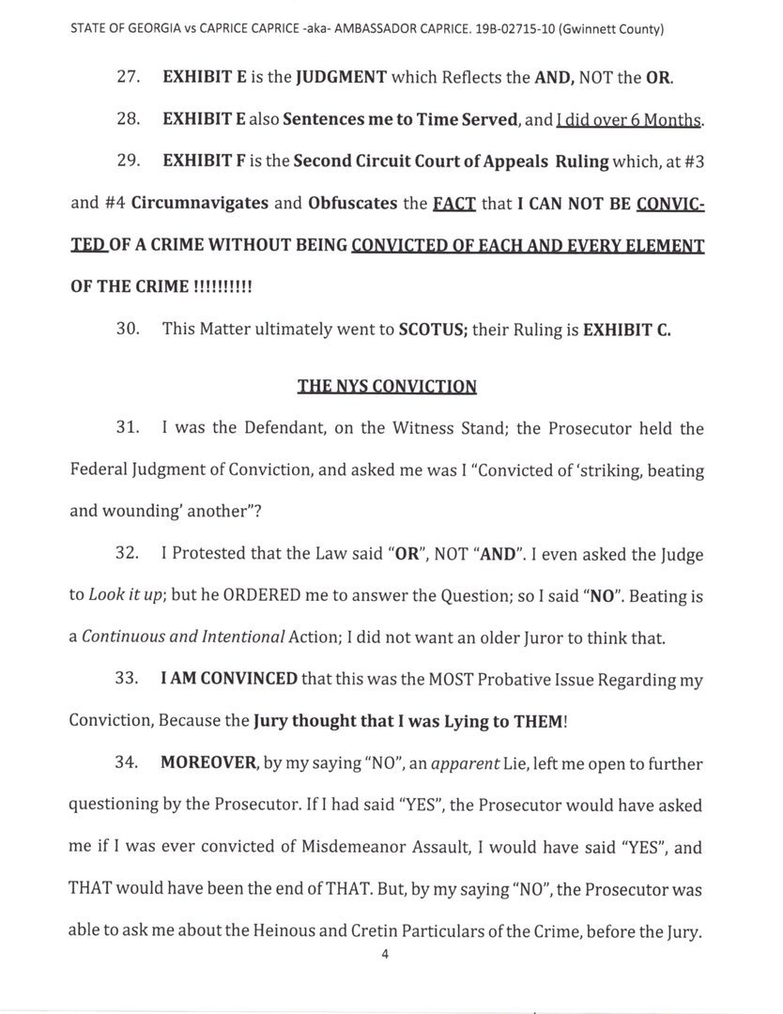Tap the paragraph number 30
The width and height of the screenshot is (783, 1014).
click(x=128, y=330)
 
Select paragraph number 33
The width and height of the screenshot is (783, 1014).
click(x=128, y=680)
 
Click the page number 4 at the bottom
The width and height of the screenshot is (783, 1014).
click(x=385, y=954)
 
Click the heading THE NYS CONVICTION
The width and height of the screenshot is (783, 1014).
click(x=387, y=386)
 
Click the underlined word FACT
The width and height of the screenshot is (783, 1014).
click(x=453, y=203)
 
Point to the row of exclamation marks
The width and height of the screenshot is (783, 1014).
click(x=223, y=286)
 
